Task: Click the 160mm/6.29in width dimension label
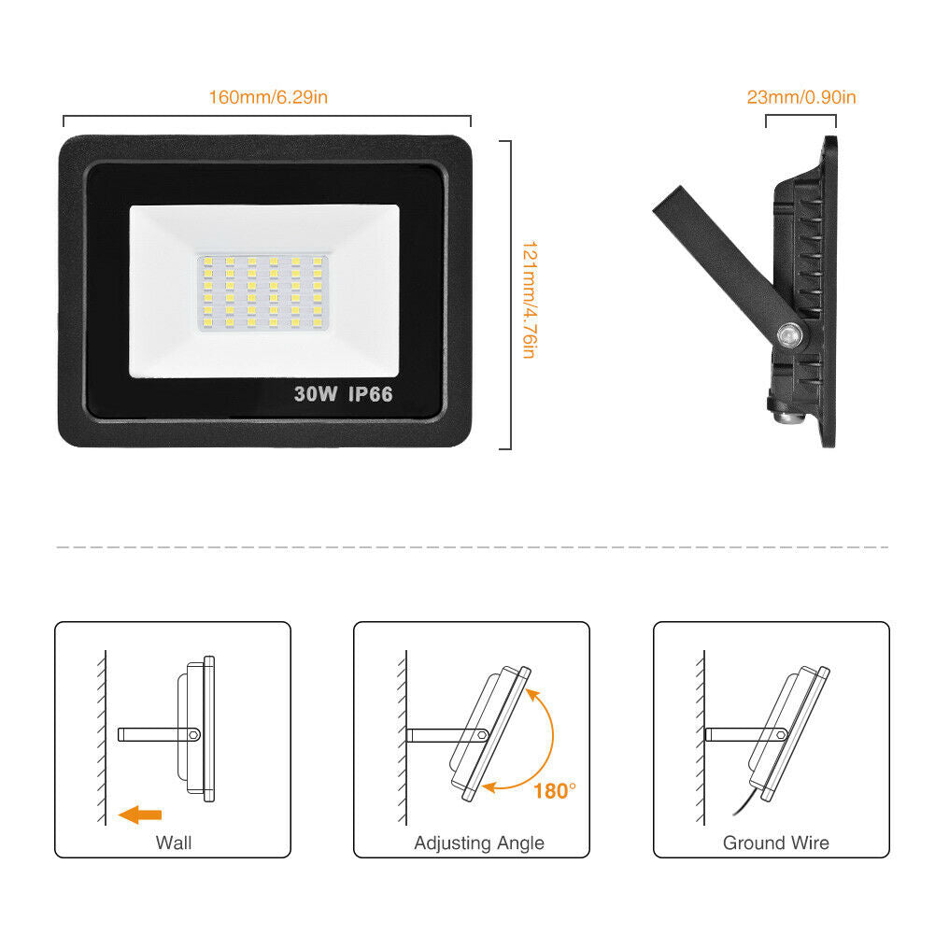[268, 97]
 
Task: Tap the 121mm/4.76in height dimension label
[530, 299]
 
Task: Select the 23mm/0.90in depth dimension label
[801, 97]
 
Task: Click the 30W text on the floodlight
[316, 394]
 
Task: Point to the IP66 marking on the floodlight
[370, 394]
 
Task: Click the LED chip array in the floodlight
[263, 292]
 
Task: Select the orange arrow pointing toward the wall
[140, 815]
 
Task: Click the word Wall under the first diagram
[174, 843]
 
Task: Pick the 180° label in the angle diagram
[555, 791]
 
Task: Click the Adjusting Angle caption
[479, 843]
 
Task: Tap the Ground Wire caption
[776, 843]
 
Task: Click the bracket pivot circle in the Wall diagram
[193, 734]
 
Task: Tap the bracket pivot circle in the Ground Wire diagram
[781, 735]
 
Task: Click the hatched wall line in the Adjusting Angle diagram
[404, 738]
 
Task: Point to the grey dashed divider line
[473, 546]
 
